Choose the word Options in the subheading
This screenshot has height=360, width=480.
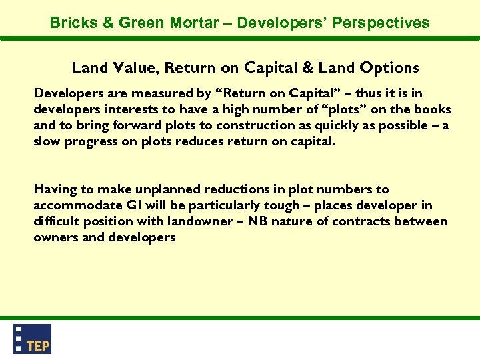389,67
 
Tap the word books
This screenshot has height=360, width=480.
433,109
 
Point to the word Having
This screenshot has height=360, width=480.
55,189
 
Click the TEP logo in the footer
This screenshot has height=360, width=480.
33,339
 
